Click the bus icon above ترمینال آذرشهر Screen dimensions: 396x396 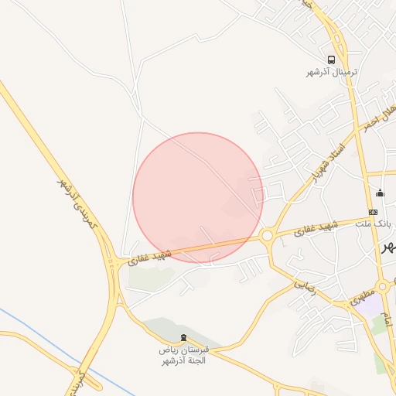click(x=331, y=60)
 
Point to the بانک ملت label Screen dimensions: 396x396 click(x=374, y=224)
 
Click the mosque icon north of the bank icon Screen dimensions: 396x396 click(x=379, y=193)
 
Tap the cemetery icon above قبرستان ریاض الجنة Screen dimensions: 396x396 click(x=183, y=337)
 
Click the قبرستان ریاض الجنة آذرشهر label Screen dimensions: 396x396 click(x=185, y=355)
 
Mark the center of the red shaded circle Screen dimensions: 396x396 click(x=198, y=197)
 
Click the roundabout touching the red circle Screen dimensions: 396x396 click(x=268, y=235)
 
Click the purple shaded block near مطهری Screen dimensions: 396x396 click(x=372, y=305)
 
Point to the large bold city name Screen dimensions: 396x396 click(x=388, y=246)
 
